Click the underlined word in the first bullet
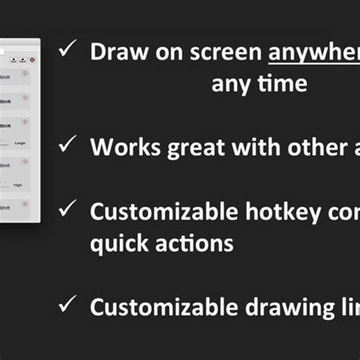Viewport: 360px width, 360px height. click(314, 52)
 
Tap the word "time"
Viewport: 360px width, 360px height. click(280, 83)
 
